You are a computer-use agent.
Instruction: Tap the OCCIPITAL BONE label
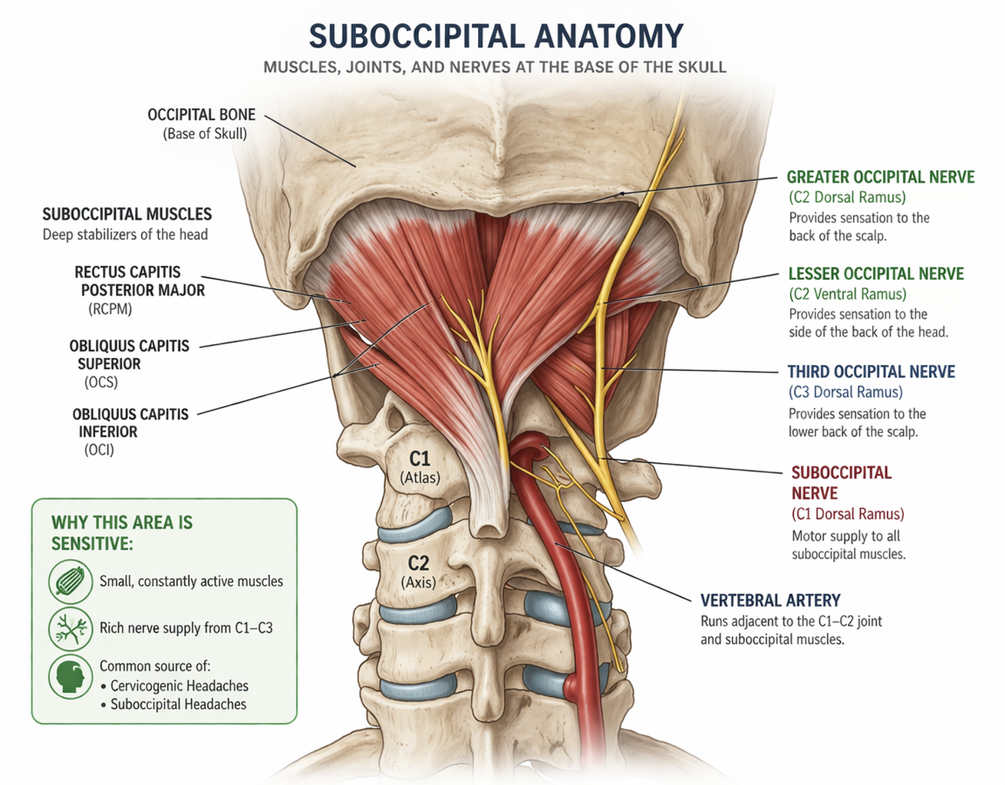click(202, 115)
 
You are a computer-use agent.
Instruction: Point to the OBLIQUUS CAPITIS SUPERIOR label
click(129, 355)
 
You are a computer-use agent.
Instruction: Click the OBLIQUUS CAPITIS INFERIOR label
click(130, 423)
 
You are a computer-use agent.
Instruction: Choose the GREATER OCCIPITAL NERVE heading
click(880, 177)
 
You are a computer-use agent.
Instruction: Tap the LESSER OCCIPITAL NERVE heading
click(875, 274)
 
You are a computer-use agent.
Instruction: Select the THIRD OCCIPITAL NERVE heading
click(871, 372)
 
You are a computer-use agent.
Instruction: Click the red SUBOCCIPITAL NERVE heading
click(841, 483)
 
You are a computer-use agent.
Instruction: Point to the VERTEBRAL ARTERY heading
click(770, 600)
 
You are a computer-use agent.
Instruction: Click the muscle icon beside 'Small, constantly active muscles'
click(71, 581)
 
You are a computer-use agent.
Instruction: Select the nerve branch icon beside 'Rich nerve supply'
click(71, 629)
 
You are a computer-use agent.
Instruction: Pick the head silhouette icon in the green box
click(71, 677)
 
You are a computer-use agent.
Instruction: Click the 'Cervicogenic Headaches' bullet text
click(179, 686)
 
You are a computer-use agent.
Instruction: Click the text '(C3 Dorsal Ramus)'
click(845, 392)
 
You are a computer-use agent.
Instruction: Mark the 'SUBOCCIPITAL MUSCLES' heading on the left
click(127, 215)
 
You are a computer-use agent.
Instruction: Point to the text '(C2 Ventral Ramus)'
click(848, 294)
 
